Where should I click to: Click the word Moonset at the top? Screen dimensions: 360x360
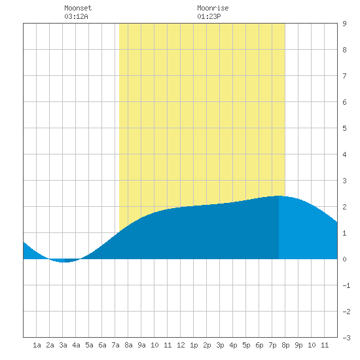click(x=78, y=8)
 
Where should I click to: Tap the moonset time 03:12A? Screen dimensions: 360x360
click(x=76, y=16)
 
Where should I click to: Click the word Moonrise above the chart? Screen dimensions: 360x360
click(x=213, y=8)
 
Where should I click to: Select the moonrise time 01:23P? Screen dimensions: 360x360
click(x=209, y=16)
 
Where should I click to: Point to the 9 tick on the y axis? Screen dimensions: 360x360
click(x=344, y=24)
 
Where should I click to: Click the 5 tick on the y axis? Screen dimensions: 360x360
click(x=344, y=128)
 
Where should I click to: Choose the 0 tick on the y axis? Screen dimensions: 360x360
click(x=344, y=259)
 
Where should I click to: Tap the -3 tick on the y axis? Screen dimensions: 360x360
click(x=346, y=338)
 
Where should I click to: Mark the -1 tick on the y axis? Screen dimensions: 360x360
click(x=346, y=285)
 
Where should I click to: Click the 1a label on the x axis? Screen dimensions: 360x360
click(x=37, y=345)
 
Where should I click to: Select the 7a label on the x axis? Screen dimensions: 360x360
click(x=115, y=345)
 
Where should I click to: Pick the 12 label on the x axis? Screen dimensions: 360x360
click(x=181, y=345)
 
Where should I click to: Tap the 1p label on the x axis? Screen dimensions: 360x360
click(x=194, y=345)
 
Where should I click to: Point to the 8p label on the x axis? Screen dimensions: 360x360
click(x=285, y=345)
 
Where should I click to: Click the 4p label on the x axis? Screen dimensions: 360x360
click(x=233, y=345)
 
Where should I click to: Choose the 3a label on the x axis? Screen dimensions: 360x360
click(x=63, y=345)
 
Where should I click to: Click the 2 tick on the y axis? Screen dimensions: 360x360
click(x=344, y=207)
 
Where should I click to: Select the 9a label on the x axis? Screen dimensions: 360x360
click(x=141, y=345)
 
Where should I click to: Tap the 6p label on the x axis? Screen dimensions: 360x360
click(x=259, y=345)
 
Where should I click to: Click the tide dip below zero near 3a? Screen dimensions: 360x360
click(x=65, y=261)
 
